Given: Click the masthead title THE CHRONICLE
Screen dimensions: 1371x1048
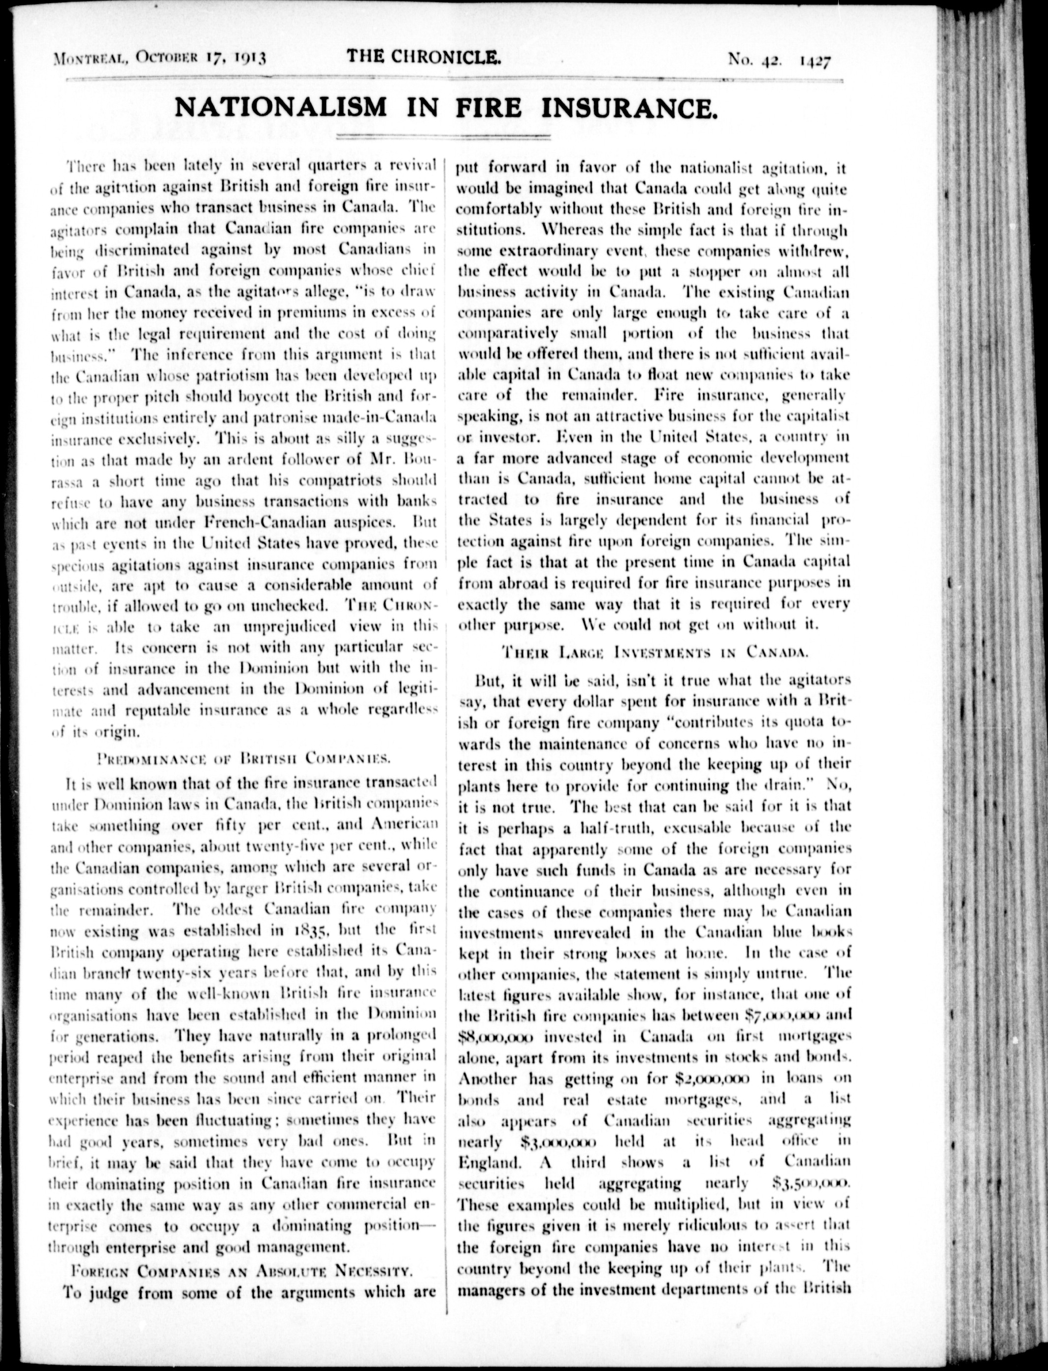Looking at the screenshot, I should click(x=424, y=58).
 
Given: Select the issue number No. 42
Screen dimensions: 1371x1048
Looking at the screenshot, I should click(x=751, y=61).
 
